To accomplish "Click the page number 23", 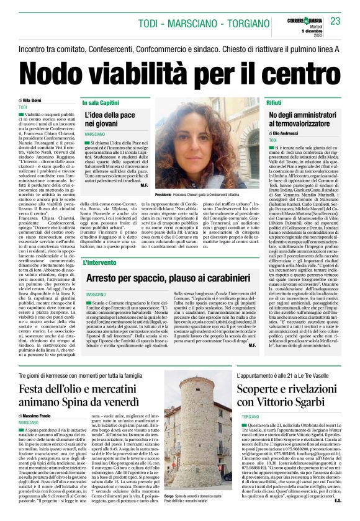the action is click(335, 21).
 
